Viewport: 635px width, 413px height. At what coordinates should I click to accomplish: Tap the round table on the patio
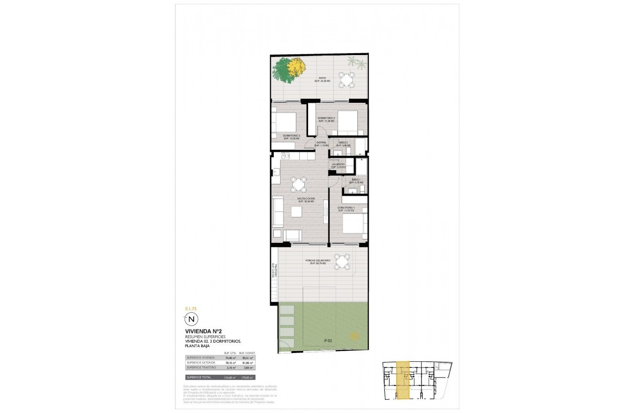(348, 79)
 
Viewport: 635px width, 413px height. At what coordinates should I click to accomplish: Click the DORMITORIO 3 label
(291, 137)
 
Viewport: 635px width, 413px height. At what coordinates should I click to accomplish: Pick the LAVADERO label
(338, 165)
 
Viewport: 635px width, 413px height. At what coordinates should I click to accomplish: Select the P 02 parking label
(328, 340)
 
